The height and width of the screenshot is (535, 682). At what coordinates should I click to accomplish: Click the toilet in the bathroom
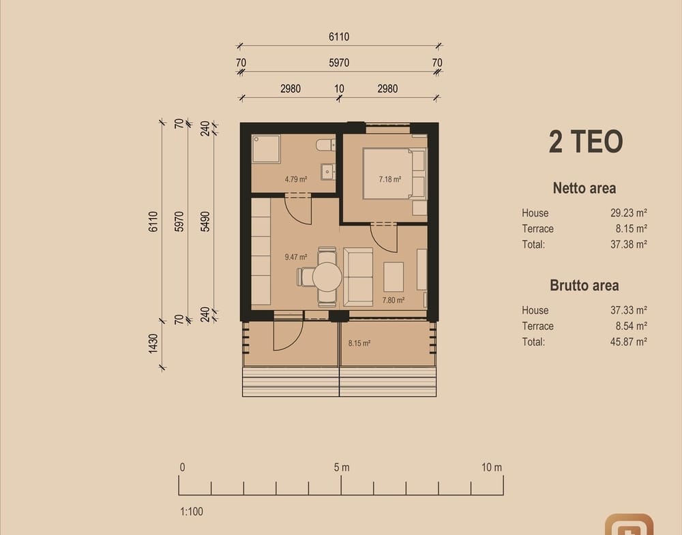(326, 144)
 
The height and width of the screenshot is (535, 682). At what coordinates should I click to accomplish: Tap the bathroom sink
(328, 172)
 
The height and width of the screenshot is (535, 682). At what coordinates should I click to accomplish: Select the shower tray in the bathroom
(266, 149)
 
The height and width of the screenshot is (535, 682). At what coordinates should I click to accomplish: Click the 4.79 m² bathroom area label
(296, 179)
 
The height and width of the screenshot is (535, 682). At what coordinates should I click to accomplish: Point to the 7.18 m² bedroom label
(389, 179)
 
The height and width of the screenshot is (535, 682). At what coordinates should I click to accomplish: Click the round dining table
(327, 277)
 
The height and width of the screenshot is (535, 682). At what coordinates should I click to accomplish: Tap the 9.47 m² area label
(296, 257)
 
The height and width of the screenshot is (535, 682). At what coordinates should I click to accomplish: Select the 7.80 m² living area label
(394, 300)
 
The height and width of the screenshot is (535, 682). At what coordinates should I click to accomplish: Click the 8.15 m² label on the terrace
(359, 343)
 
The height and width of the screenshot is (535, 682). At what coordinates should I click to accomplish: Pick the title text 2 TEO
(585, 142)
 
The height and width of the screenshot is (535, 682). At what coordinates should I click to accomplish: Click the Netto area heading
(584, 188)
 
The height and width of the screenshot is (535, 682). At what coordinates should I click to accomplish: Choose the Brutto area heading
(584, 286)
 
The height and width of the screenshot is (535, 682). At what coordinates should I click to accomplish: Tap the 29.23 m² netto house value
(629, 213)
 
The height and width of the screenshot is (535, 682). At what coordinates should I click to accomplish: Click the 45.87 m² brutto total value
(629, 341)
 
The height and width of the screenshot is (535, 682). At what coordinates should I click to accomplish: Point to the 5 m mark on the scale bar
(342, 468)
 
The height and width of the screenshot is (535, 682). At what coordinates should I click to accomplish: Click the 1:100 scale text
(192, 512)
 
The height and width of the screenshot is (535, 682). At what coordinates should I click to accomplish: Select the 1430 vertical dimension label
(153, 343)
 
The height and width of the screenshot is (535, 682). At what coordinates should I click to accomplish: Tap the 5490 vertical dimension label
(205, 221)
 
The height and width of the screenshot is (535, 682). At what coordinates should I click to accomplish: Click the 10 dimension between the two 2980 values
(339, 89)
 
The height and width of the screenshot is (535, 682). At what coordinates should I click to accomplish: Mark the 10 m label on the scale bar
(492, 468)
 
